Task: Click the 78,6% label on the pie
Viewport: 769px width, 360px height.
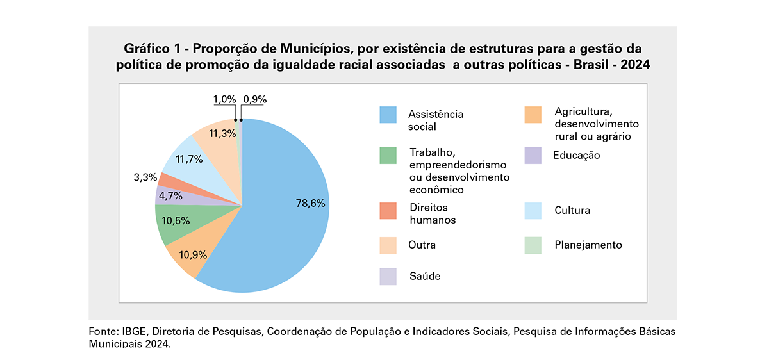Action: [x=310, y=203]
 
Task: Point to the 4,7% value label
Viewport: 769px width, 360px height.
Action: [x=171, y=197]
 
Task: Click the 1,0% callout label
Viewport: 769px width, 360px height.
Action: [x=224, y=99]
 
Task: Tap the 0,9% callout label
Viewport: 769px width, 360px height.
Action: [x=255, y=99]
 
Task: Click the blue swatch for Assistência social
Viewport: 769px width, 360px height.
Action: [x=388, y=115]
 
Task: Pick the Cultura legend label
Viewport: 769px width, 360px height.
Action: [x=572, y=210]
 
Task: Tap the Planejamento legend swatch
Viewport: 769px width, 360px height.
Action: [x=533, y=245]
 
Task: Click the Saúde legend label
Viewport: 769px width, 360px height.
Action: [x=424, y=276]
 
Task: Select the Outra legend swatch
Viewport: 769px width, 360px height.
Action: [x=388, y=245]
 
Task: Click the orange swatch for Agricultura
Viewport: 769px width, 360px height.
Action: [x=533, y=115]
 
